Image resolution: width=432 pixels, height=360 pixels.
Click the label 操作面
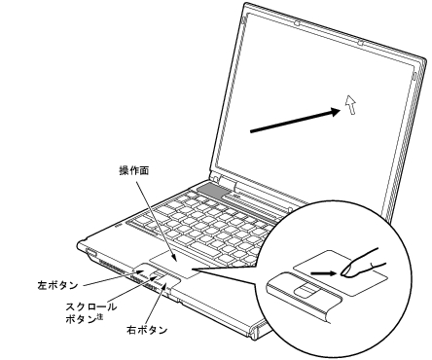tap(135, 168)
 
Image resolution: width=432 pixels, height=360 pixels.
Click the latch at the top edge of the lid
tap(360, 44)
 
